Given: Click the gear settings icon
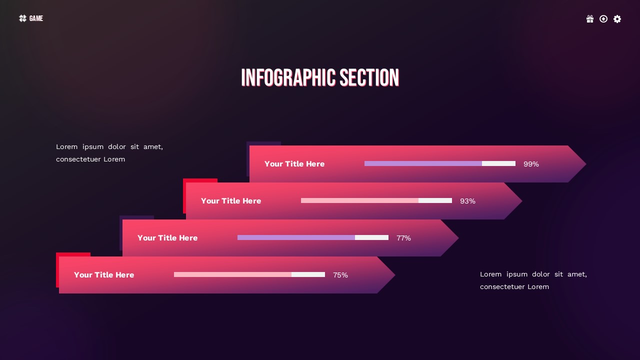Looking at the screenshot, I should click(617, 19).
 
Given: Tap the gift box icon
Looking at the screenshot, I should click(590, 19).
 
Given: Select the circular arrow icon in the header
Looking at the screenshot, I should click(603, 19).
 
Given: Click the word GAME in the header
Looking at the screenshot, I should click(36, 18).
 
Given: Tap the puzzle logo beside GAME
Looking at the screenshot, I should click(22, 18).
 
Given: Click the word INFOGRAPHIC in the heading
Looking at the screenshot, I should click(288, 78).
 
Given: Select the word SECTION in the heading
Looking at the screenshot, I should click(369, 78).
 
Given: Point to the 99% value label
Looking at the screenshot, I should click(531, 164).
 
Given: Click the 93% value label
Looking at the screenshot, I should click(467, 201).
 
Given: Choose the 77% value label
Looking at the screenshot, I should click(403, 238).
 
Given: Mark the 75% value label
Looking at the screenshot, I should click(340, 275).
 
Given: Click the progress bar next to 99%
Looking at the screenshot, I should click(440, 163).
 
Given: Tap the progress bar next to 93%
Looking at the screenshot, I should click(376, 200).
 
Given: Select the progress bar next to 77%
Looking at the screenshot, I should click(313, 237).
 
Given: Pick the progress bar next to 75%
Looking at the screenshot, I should click(249, 274).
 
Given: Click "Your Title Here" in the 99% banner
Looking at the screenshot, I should click(294, 164).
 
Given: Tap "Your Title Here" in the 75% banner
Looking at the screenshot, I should click(104, 275).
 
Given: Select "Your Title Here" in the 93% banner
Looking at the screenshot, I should click(231, 201).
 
